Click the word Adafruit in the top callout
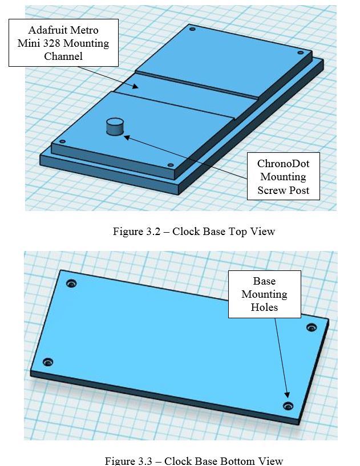click(x=48, y=30)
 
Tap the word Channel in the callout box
click(x=63, y=56)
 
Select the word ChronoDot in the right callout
click(x=283, y=164)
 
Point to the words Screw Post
click(x=283, y=190)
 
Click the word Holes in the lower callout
click(x=264, y=307)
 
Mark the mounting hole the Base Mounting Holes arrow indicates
click(x=288, y=406)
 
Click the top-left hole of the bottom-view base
click(x=71, y=283)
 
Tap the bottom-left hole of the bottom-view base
click(x=48, y=362)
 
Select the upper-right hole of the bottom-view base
click(x=311, y=327)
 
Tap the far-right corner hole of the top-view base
click(x=300, y=52)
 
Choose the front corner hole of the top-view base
click(x=171, y=165)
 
